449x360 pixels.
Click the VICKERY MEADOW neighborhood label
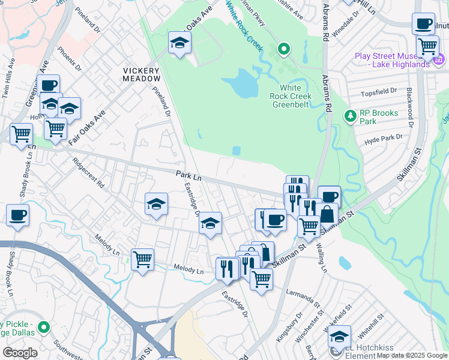point(142,74)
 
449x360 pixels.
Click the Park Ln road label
point(188,176)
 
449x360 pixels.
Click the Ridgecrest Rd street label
point(88,173)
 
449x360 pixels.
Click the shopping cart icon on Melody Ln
point(142,259)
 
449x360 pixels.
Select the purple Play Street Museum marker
point(438,60)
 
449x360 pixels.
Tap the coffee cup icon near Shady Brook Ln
point(17,215)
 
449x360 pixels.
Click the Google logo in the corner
point(20,352)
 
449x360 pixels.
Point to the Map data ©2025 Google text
point(411,355)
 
